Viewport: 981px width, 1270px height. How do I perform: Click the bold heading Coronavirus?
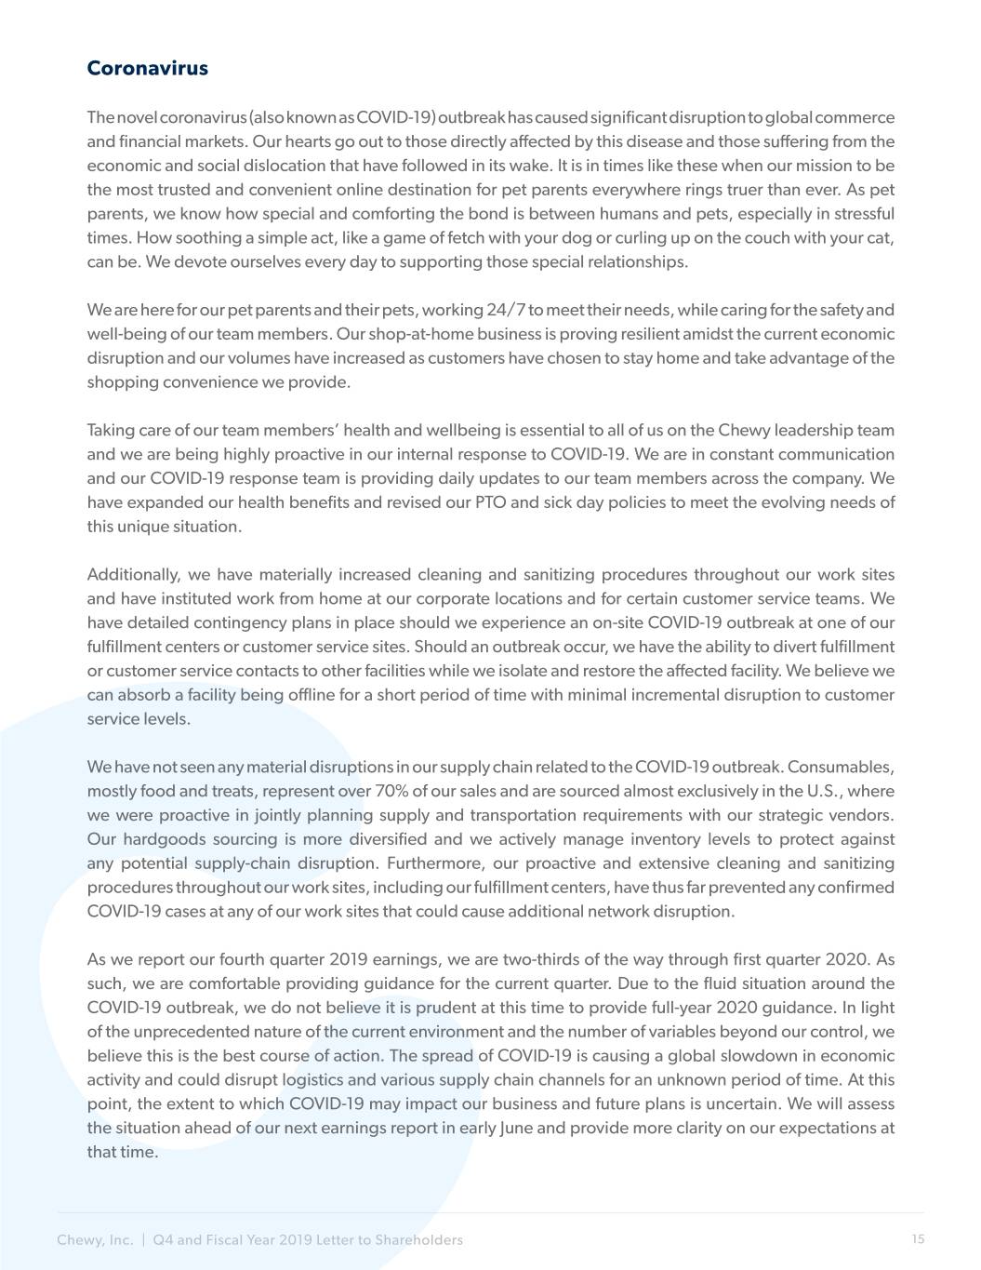pos(147,69)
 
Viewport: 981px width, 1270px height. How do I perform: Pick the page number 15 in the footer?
pos(918,1239)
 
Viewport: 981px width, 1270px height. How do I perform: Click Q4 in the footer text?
pos(163,1240)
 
